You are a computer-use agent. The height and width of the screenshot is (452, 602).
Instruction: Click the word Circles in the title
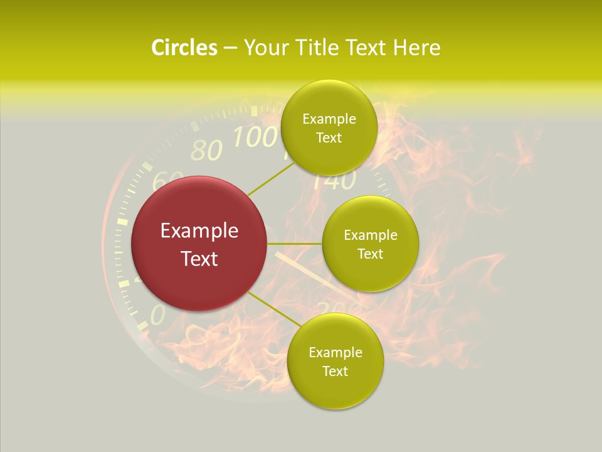(x=184, y=48)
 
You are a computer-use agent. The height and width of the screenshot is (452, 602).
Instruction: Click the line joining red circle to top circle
(x=271, y=178)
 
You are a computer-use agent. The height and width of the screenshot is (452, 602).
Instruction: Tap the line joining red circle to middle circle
(x=295, y=244)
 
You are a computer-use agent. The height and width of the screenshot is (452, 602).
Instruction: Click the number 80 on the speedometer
(x=206, y=151)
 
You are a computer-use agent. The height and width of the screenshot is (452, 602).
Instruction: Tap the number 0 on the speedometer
(x=157, y=315)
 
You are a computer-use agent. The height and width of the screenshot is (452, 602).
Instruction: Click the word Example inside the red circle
(x=199, y=231)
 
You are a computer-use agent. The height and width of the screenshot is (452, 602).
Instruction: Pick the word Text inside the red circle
(x=199, y=258)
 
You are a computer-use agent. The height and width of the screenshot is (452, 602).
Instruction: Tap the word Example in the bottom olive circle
(x=335, y=353)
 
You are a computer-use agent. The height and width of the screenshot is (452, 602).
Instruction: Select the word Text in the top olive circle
(x=329, y=137)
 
